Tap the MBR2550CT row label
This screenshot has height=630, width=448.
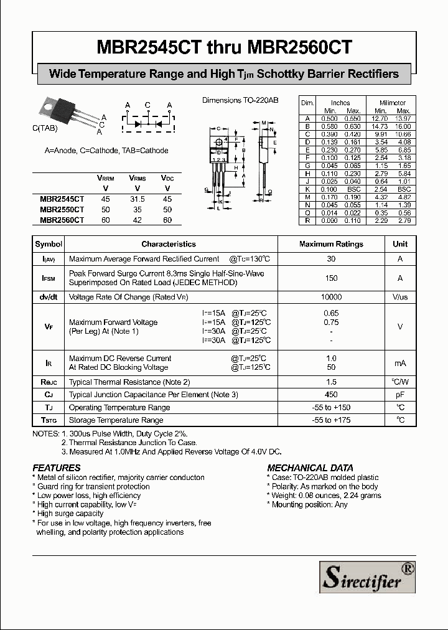tap(62, 210)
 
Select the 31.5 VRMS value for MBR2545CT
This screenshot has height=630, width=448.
tap(137, 199)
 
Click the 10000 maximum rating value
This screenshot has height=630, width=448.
tap(331, 298)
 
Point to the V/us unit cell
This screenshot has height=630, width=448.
tap(400, 298)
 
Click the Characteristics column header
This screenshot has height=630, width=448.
tap(168, 244)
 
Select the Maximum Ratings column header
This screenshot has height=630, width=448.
tap(331, 244)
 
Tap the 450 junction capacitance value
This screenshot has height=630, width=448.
tap(331, 395)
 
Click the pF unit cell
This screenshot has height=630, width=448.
tap(400, 395)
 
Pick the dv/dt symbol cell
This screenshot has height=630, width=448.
tap(49, 298)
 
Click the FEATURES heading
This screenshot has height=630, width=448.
tap(57, 468)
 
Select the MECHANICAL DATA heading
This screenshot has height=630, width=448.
tap(310, 468)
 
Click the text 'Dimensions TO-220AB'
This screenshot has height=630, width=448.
tap(240, 100)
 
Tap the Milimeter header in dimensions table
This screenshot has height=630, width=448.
tap(392, 103)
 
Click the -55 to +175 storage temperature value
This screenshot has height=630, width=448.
tap(331, 420)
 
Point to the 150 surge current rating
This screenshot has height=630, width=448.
tap(331, 278)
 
